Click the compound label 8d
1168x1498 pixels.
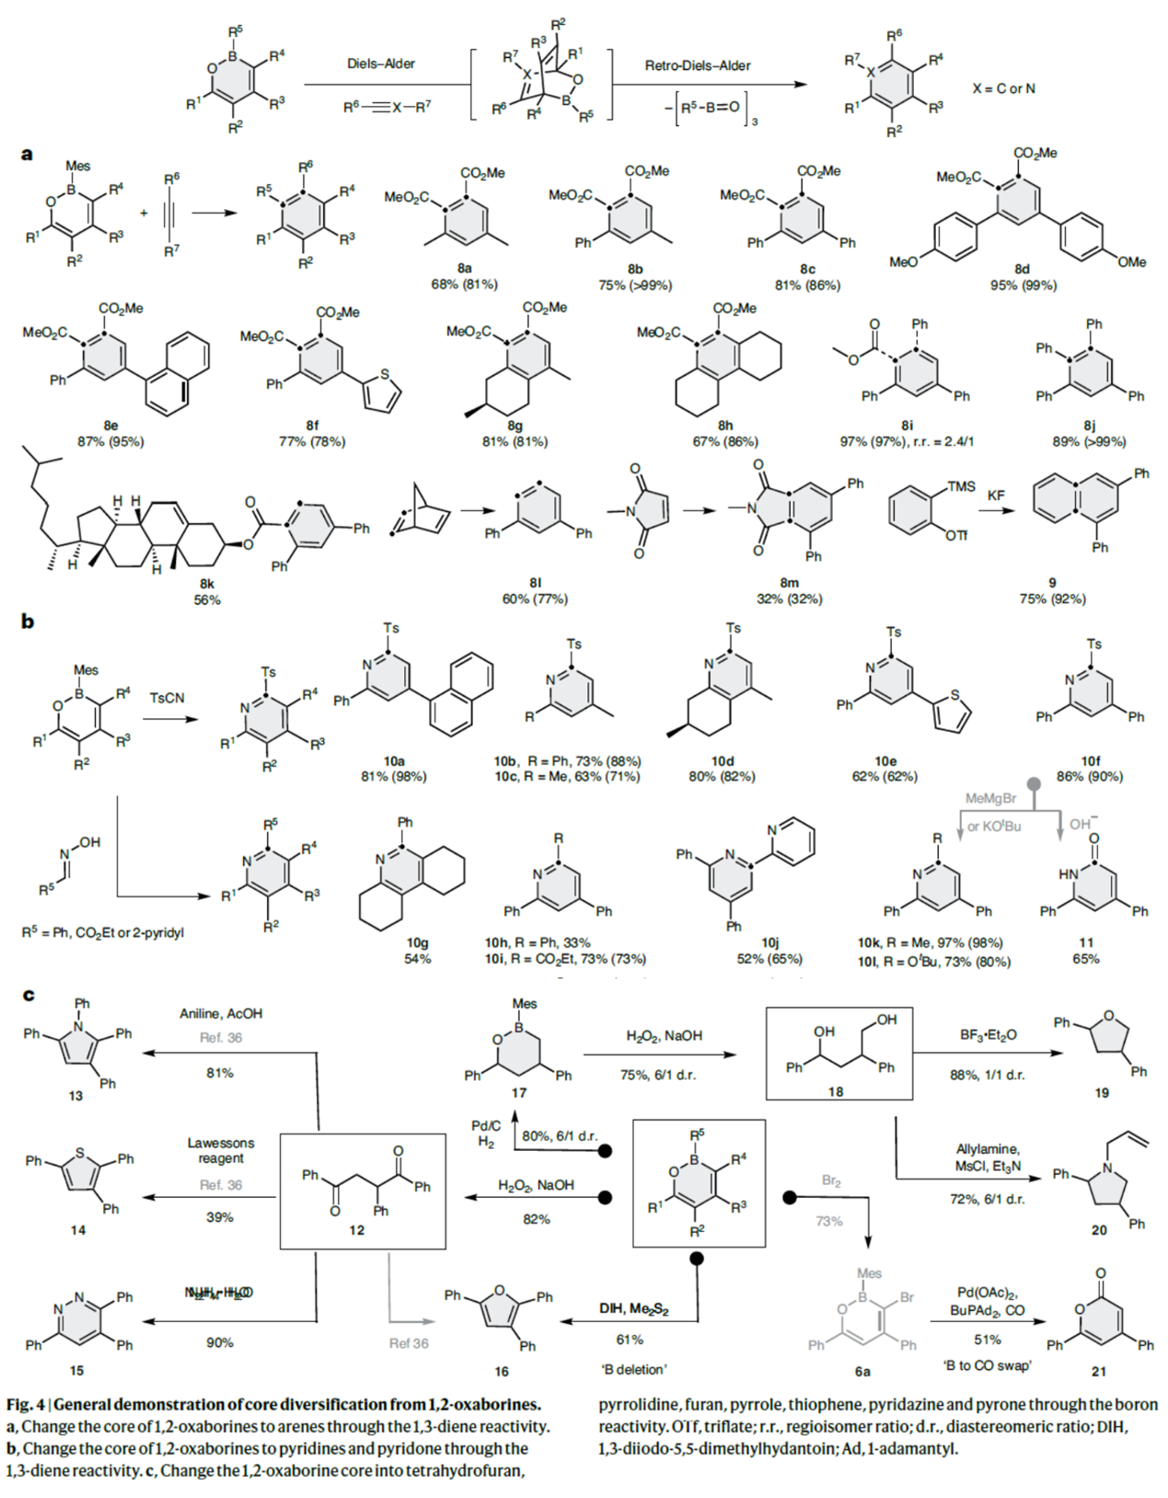[1022, 269]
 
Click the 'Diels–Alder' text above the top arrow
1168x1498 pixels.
[380, 64]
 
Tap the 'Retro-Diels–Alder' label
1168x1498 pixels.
[698, 65]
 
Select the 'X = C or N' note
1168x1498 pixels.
[1003, 88]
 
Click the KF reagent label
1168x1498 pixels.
[996, 495]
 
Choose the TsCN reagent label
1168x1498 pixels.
[167, 698]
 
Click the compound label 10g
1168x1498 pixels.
[418, 942]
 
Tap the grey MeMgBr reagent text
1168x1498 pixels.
[990, 798]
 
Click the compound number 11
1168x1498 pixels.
[1086, 942]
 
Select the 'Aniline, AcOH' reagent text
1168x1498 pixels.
[221, 1014]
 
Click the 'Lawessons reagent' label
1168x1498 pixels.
[221, 1150]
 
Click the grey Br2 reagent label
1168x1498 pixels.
[831, 1181]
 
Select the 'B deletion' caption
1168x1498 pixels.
[634, 1369]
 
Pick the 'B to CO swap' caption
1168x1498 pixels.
[987, 1364]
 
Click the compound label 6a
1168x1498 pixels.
[862, 1371]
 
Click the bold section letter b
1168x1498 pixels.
[28, 621]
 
